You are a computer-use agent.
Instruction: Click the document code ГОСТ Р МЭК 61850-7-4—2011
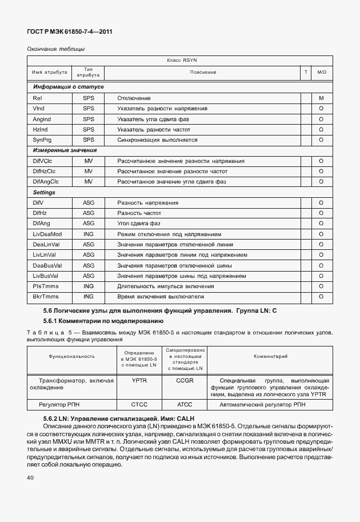pos(69,32)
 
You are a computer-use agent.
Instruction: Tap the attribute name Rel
pos(37,98)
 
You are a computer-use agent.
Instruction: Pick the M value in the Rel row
pos(321,98)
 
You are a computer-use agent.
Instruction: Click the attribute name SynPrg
pos(42,140)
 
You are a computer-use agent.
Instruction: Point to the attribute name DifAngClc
pos(46,182)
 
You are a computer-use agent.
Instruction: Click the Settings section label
pos(44,193)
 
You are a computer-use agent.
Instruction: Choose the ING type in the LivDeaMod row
pos(88,234)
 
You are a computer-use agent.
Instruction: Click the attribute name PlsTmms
pos(46,286)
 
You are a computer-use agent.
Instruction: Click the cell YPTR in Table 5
pos(139,380)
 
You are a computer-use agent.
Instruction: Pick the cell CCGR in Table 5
pos(185,380)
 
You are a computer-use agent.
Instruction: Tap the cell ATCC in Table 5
pos(185,405)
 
